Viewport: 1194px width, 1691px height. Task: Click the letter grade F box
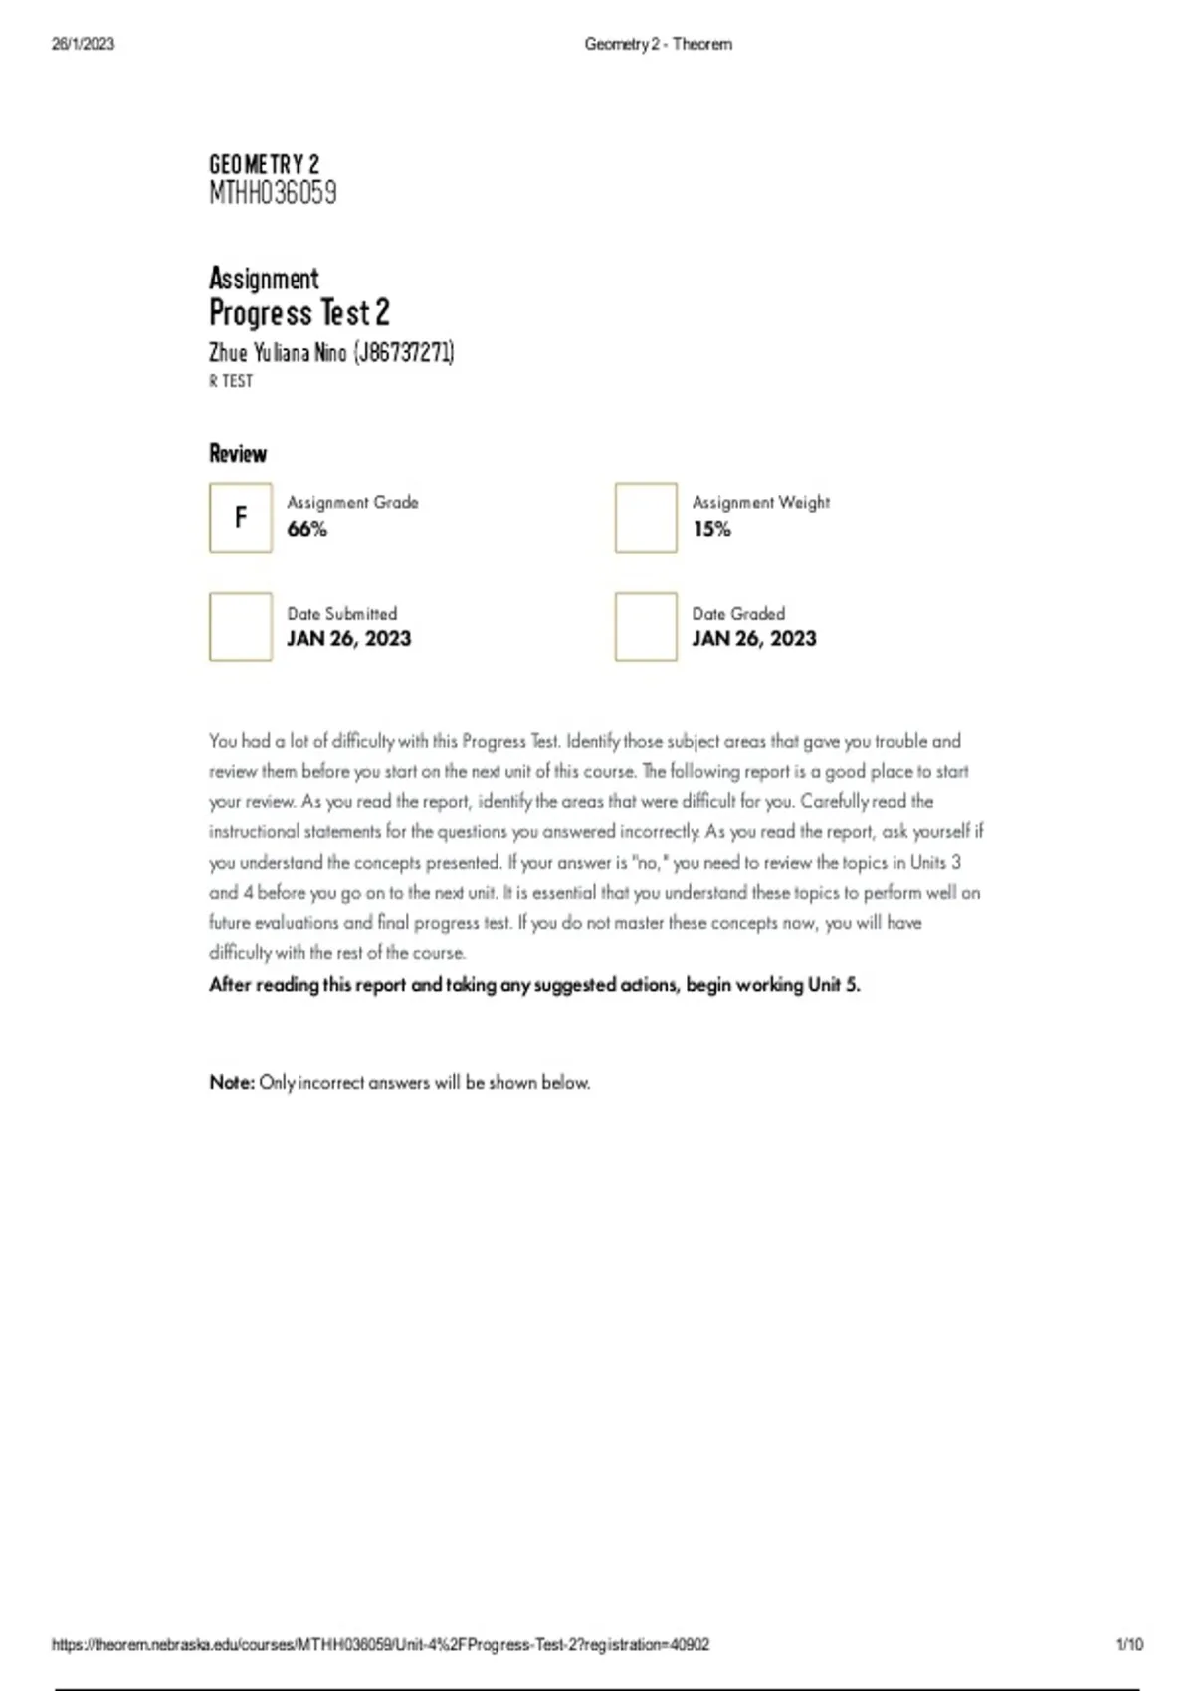point(240,517)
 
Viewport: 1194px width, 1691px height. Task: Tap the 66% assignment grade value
point(306,529)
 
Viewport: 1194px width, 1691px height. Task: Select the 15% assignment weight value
point(711,529)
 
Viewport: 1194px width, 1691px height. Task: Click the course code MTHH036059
point(273,192)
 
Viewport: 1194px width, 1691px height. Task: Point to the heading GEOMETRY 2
point(264,163)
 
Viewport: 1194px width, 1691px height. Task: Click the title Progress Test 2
point(298,313)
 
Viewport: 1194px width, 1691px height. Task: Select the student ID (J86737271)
point(403,352)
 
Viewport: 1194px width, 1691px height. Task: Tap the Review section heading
point(238,454)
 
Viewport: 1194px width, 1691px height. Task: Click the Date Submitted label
point(341,613)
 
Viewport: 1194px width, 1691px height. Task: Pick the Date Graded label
point(738,613)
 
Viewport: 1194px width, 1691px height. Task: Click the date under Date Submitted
point(348,639)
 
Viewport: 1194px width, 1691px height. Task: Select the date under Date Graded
point(754,639)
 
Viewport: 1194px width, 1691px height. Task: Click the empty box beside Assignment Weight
point(646,517)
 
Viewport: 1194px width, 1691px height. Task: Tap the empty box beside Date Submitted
point(240,627)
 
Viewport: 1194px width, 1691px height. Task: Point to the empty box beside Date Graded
point(646,627)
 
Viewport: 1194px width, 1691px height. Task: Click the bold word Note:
point(232,1082)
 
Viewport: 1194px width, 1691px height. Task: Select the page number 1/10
point(1129,1644)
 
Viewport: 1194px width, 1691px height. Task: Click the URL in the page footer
point(380,1644)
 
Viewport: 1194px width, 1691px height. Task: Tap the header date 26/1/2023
point(83,44)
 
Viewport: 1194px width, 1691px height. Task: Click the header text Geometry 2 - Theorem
point(658,44)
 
